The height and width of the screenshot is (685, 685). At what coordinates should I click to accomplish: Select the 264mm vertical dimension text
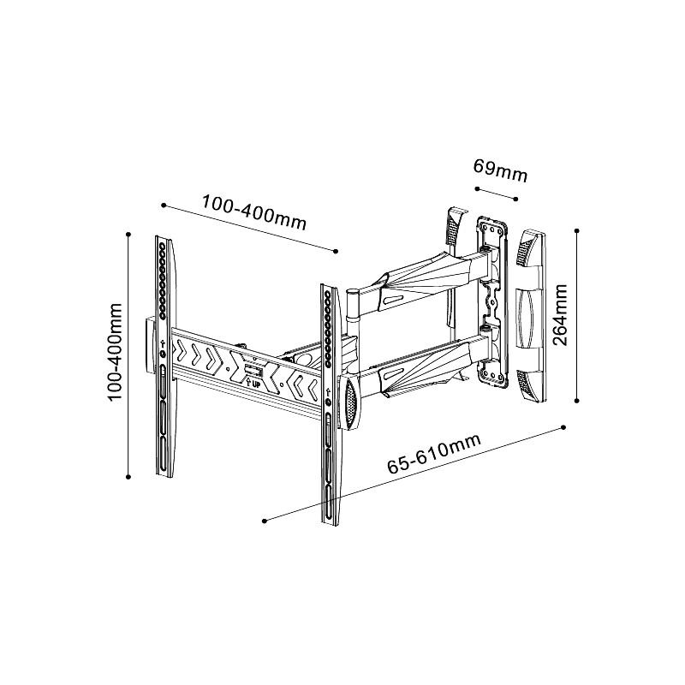coord(561,315)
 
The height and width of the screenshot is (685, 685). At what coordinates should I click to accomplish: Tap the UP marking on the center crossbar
coord(255,382)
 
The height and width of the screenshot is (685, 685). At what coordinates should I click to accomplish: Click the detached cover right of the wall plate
coord(531,315)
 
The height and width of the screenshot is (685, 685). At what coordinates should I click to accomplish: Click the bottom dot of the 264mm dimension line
coord(578,400)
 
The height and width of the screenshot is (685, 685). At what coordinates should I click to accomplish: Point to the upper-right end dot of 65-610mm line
coord(565,426)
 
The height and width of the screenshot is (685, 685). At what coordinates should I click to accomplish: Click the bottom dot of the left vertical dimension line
coord(128,477)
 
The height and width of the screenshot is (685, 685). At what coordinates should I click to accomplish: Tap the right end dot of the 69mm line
coord(517,198)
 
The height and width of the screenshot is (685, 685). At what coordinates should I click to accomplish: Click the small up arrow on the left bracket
coord(163,349)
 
